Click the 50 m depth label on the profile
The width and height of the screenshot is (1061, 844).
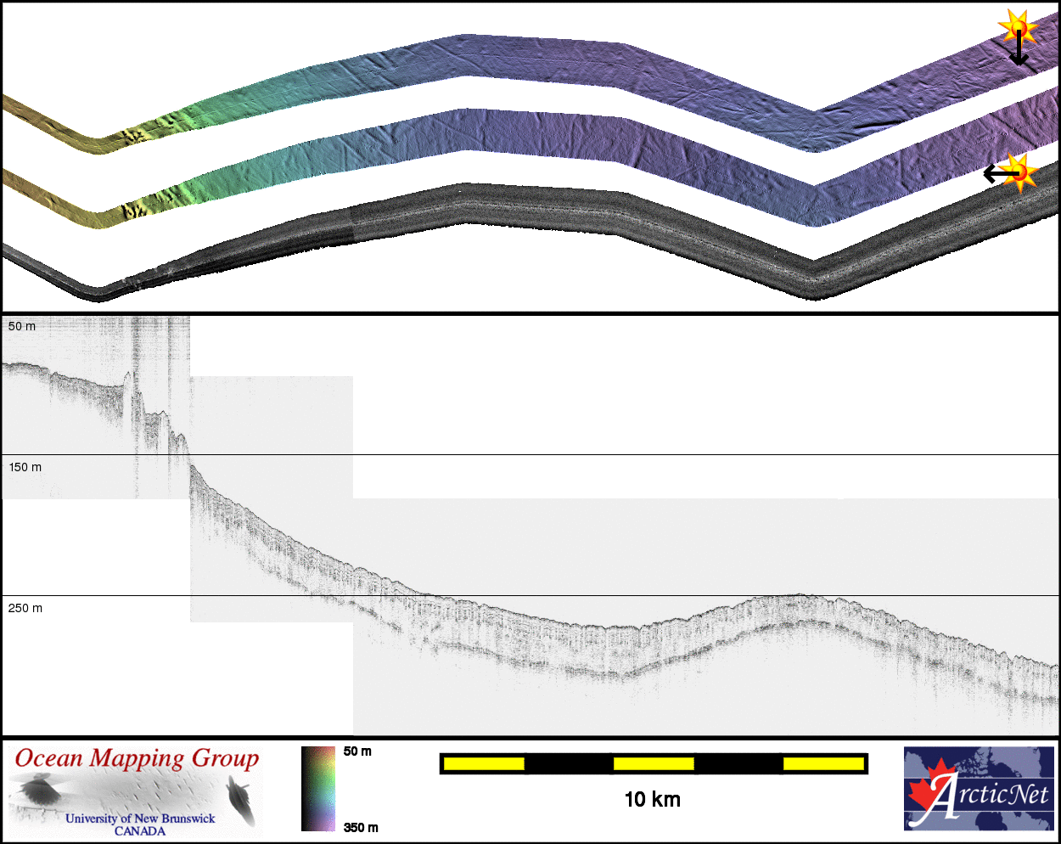(22, 326)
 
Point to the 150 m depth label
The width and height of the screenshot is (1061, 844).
(25, 467)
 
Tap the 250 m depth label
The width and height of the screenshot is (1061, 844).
(25, 608)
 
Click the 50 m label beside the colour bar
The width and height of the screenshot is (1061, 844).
(357, 751)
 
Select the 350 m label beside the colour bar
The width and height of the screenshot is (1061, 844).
(361, 827)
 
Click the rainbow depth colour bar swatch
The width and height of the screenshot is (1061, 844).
(318, 789)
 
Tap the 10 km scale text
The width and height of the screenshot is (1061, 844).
(652, 800)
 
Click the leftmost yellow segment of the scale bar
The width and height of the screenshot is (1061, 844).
(484, 763)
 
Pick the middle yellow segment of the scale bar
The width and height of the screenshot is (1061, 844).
(654, 763)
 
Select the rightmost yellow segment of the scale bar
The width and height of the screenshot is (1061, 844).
(823, 763)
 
